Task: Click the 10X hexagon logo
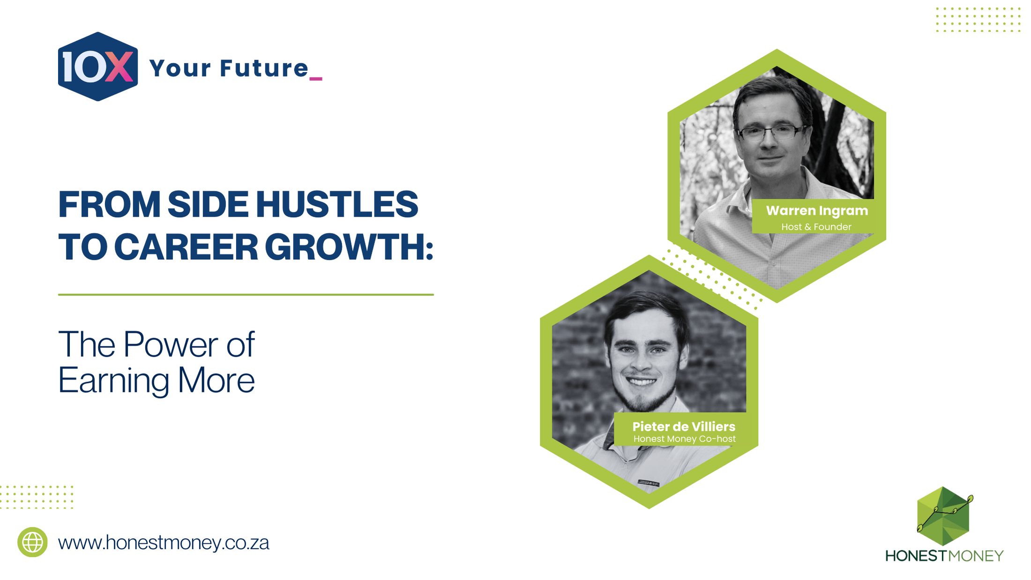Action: [x=97, y=67]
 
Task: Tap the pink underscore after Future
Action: [x=315, y=79]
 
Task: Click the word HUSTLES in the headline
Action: [x=336, y=204]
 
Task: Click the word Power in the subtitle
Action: [x=171, y=345]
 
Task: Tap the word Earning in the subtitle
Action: [x=113, y=381]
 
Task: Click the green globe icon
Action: [x=32, y=542]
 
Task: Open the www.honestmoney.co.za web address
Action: [x=164, y=543]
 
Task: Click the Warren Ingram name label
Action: [x=817, y=211]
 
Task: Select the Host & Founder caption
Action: [x=816, y=227]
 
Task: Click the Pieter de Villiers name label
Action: [x=684, y=426]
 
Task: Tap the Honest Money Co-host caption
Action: [x=684, y=439]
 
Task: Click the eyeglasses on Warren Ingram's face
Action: [x=772, y=132]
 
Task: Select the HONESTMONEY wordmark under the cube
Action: [x=944, y=556]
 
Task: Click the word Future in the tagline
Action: [x=264, y=68]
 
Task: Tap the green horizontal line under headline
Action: [x=246, y=294]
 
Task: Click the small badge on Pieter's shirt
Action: [x=649, y=482]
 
